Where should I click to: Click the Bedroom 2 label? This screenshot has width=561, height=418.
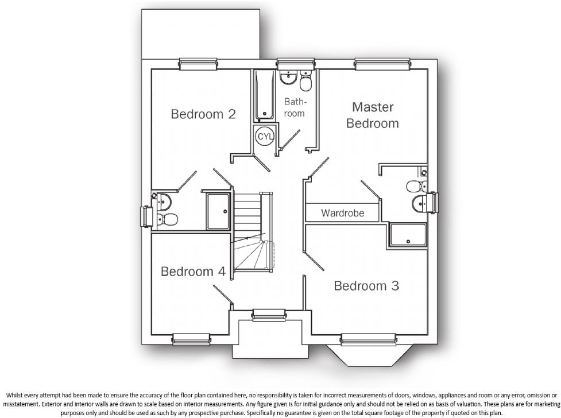pyautogui.click(x=203, y=114)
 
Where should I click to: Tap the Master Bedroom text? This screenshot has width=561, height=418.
pyautogui.click(x=372, y=115)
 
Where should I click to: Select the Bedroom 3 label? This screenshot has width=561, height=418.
pyautogui.click(x=366, y=285)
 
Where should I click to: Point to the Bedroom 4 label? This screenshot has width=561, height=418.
pyautogui.click(x=193, y=271)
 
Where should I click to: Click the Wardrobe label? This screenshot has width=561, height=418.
pyautogui.click(x=342, y=213)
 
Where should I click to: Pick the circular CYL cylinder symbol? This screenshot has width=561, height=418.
pyautogui.click(x=265, y=137)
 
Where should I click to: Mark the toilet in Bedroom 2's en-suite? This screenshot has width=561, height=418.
pyautogui.click(x=168, y=219)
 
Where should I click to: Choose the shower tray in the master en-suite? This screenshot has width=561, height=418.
pyautogui.click(x=408, y=236)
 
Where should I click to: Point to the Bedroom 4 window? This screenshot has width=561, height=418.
pyautogui.click(x=191, y=339)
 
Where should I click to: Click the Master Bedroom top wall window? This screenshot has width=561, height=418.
pyautogui.click(x=377, y=64)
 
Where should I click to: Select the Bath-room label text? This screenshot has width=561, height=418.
pyautogui.click(x=295, y=107)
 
